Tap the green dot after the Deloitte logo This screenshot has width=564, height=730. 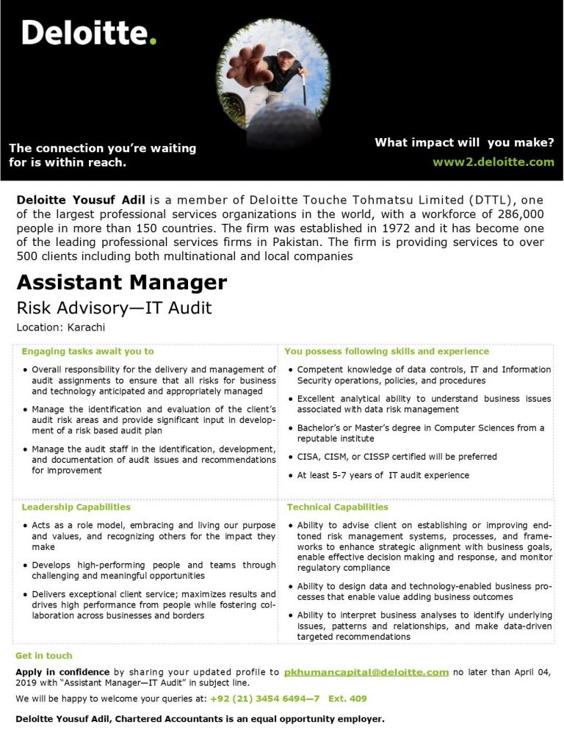click(x=153, y=41)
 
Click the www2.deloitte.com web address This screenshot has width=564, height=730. click(x=493, y=162)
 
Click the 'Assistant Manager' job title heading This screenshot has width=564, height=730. click(x=122, y=282)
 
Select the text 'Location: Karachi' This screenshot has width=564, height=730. click(x=60, y=327)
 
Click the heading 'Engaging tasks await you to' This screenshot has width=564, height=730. click(x=87, y=351)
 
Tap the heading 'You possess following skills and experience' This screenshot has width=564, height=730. click(x=386, y=351)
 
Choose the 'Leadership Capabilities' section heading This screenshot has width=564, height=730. click(x=76, y=507)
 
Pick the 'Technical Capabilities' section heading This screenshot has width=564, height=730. click(x=338, y=507)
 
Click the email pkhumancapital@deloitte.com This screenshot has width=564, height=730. click(x=366, y=671)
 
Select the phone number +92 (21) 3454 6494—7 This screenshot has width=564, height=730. click(x=265, y=698)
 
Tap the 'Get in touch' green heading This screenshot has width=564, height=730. click(x=44, y=655)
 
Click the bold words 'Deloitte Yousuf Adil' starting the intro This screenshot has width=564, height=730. click(x=81, y=199)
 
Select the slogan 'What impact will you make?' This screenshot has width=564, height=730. click(x=464, y=142)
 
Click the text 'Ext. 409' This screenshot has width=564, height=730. click(x=347, y=698)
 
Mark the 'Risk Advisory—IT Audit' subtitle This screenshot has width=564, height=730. click(x=114, y=308)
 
